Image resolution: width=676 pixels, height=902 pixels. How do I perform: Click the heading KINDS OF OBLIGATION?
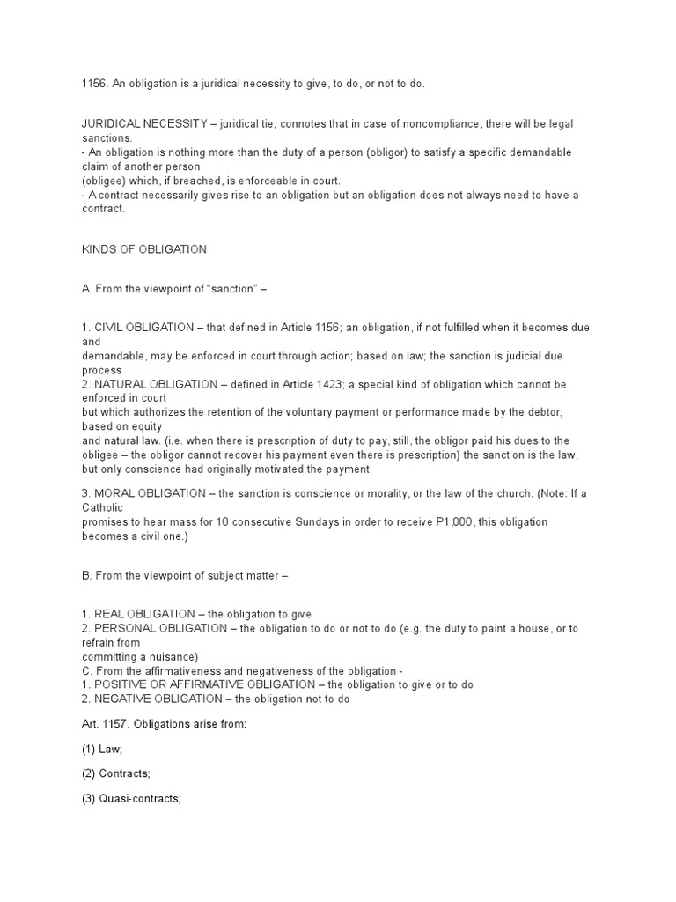tap(143, 249)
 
